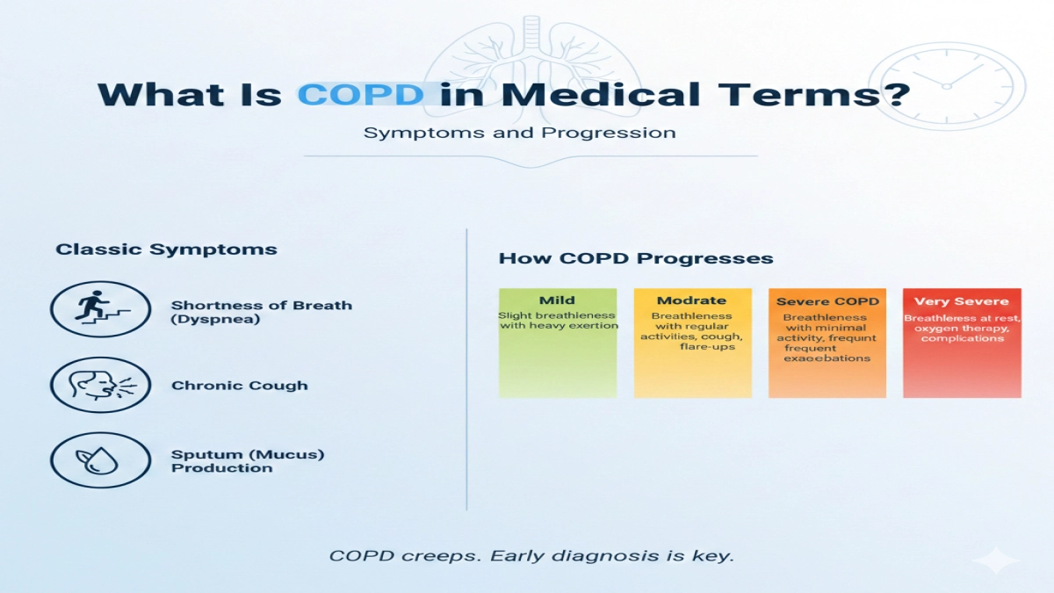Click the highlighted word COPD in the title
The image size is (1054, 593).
[x=362, y=94]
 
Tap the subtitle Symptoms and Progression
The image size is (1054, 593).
[x=520, y=134]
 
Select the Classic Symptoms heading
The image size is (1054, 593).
[x=166, y=249]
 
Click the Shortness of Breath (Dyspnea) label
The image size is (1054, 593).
[x=261, y=312]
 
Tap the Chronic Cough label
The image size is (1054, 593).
[x=239, y=386]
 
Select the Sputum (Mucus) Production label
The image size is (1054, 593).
[x=248, y=461]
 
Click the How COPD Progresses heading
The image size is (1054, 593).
[x=636, y=258]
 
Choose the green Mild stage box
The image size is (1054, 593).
[x=558, y=343]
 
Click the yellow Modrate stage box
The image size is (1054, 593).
[x=693, y=343]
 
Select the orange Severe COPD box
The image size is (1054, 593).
[x=827, y=343]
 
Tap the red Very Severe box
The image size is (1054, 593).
[x=962, y=343]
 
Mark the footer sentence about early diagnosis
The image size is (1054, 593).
[x=531, y=556]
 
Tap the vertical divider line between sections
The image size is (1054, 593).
[x=466, y=369]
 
